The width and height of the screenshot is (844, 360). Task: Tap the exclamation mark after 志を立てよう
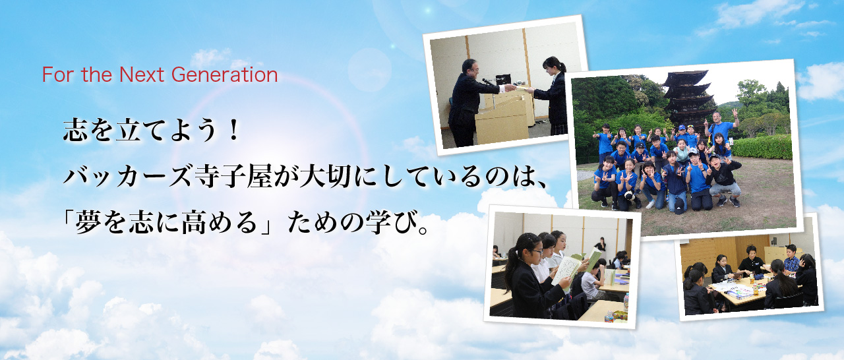coord(234,131)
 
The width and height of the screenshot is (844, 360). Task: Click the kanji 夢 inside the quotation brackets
coord(88,223)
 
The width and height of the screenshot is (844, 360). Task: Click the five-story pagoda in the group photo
coord(689,99)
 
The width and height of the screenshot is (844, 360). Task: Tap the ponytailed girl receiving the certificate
coord(552,96)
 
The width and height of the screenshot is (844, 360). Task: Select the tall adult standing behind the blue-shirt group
coord(722,128)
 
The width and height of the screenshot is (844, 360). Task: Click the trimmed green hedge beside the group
coord(762,148)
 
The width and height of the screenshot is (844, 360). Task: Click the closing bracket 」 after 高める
coord(266,223)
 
